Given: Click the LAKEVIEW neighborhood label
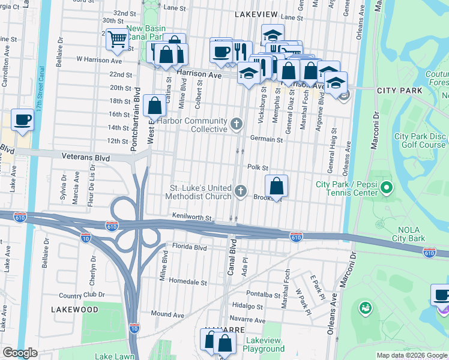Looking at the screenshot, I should click(x=256, y=13).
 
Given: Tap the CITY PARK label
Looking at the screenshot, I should click(x=399, y=91).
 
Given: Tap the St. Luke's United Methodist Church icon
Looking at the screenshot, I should click(x=241, y=191).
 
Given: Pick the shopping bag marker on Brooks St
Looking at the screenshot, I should click(x=276, y=187).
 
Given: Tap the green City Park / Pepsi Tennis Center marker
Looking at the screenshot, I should click(x=386, y=189).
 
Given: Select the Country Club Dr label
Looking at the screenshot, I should click(x=82, y=295).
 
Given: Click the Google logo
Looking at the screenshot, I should click(x=20, y=353).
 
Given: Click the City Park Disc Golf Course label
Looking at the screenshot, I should click(x=420, y=140).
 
